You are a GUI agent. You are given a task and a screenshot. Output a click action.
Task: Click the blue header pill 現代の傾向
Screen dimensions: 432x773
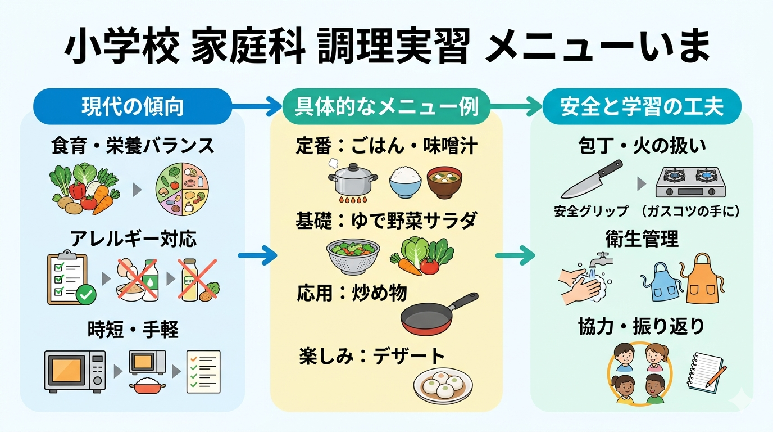(133, 106)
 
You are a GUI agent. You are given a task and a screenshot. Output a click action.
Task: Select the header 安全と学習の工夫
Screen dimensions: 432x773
(642, 106)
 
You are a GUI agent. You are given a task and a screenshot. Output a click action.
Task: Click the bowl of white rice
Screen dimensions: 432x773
(405, 181)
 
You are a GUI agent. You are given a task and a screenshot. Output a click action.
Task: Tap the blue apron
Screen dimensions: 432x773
(660, 281)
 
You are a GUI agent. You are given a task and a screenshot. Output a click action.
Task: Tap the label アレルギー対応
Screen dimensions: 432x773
(133, 239)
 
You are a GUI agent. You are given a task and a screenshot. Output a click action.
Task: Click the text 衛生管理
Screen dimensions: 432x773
(642, 239)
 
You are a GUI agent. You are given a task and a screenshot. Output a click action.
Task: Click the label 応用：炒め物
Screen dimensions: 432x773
(352, 292)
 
